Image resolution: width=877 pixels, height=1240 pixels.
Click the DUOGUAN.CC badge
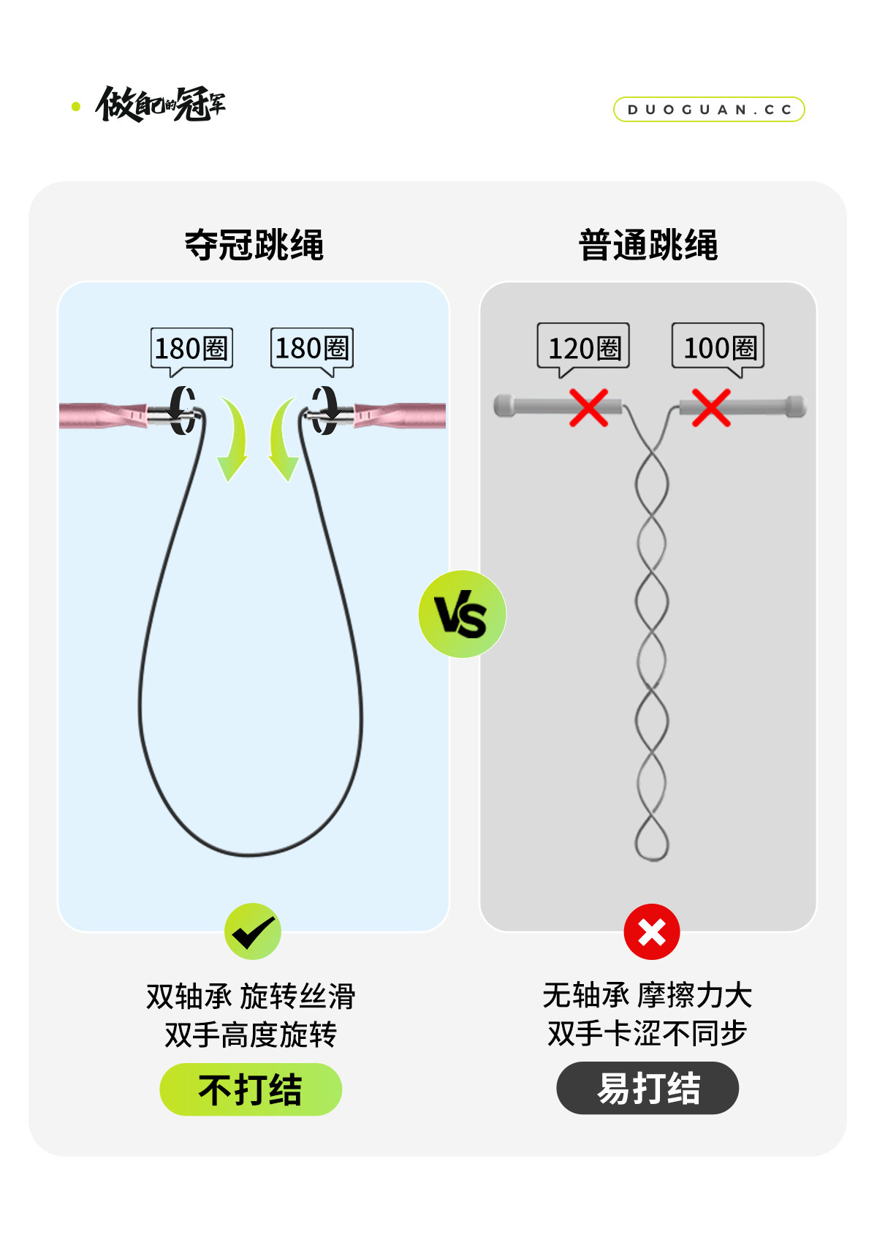pos(709,110)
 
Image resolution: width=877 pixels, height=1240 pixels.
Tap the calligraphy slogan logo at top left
pos(161,105)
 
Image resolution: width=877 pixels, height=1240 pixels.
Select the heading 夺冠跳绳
pos(254,245)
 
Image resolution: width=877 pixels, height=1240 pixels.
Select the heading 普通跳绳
pos(648,245)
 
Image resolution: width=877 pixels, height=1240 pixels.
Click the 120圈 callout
pos(583,347)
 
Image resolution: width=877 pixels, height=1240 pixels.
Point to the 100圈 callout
pos(718,347)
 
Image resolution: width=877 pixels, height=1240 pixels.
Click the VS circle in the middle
pos(462,614)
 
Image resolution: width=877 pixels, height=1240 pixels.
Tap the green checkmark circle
pos(253,931)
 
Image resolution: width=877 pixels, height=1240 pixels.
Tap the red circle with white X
pos(652,932)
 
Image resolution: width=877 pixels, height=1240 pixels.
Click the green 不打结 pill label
pos(251,1089)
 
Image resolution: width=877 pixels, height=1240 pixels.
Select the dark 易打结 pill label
pos(648,1088)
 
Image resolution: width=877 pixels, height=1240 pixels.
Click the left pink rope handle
pos(102,415)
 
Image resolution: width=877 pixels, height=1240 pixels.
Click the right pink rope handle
pos(402,415)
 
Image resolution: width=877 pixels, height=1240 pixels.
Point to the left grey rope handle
pos(534,406)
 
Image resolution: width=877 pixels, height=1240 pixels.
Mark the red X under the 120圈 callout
pos(589,407)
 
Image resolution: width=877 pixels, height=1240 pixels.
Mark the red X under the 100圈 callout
pos(711,407)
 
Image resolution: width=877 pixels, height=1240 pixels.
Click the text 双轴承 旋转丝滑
pos(251,996)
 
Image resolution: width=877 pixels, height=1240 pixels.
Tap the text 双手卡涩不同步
pos(648,1034)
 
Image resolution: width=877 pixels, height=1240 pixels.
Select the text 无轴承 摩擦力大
pos(648,995)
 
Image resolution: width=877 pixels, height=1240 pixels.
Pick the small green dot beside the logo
pos(76,107)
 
